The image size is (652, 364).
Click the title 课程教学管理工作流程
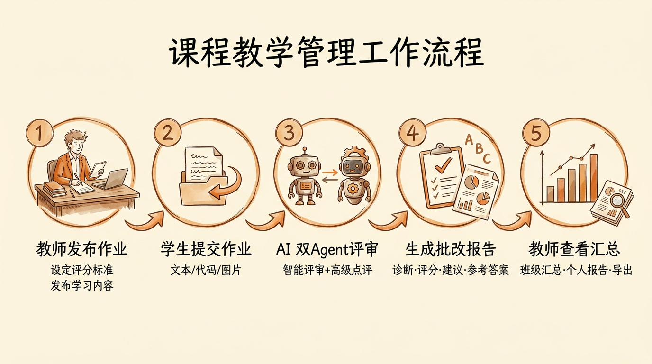point(326,53)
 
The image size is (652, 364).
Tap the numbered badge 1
point(40,133)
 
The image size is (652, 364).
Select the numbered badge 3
point(289,133)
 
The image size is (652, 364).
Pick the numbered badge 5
point(536,133)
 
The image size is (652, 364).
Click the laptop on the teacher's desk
point(111,179)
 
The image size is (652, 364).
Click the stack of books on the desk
point(54,189)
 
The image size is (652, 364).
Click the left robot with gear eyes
point(305,176)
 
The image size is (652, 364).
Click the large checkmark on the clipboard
point(444,165)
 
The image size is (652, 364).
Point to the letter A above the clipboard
point(469,140)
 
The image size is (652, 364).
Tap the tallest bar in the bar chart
point(594,178)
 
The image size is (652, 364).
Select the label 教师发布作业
point(81,249)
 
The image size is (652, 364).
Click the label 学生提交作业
point(206,249)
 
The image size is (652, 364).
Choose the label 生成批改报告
point(451,249)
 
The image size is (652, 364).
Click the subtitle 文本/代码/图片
point(206,271)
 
